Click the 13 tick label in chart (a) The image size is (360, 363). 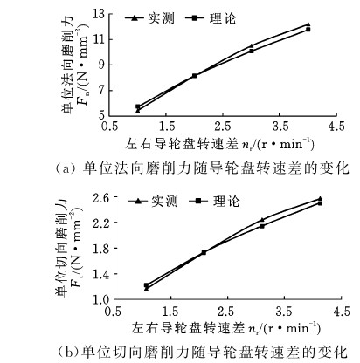pos(99,14)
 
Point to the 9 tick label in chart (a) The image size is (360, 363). pos(101,65)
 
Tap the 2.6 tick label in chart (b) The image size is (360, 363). pos(100,198)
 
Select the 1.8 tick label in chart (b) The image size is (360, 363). pos(100,249)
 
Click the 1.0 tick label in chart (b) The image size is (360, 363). pos(100,300)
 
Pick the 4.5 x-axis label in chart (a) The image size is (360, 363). pos(336,127)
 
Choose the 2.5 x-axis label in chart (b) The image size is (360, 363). pos(226,312)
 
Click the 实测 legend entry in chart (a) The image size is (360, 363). pos(150,18)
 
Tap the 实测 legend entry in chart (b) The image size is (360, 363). pos(154,201)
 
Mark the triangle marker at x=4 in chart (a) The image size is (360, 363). pos(308,24)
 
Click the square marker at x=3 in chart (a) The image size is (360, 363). pos(252,51)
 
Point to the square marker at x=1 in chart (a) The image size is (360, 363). pos(138,106)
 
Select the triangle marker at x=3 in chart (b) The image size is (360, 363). pos(262,220)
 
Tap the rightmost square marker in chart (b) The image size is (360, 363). pos(320,203)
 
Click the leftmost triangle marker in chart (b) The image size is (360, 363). pos(146,289)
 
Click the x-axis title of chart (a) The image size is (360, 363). pos(220,144)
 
